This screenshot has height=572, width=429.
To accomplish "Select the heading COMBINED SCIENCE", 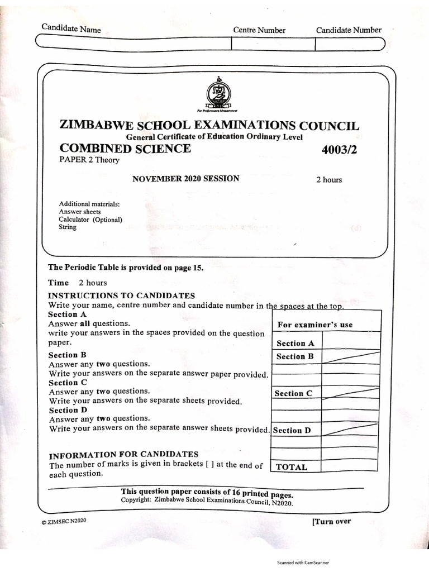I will click(125, 149).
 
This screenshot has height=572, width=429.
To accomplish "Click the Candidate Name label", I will click(71, 28).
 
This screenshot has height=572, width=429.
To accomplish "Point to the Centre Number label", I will click(259, 30).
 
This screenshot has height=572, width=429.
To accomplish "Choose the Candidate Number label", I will click(349, 30).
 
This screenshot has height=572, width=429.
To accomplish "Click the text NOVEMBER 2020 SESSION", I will click(185, 179).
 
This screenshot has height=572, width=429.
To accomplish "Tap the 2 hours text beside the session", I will click(329, 180).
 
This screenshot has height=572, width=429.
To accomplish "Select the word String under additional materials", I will click(68, 227).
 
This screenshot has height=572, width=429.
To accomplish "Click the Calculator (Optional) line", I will click(90, 220).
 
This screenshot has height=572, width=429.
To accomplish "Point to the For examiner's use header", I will click(315, 325).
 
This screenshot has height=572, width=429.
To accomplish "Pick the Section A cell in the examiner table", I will click(295, 344).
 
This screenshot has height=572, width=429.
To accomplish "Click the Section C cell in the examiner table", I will click(293, 393).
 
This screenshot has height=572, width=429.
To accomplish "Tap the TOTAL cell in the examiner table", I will click(292, 467).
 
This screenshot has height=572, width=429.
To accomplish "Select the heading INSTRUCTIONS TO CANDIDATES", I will click(122, 295).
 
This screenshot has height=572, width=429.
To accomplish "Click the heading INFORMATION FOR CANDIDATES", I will click(123, 454).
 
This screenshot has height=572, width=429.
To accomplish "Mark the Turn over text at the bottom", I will click(331, 522).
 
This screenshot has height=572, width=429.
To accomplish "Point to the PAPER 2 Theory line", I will click(89, 160).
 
